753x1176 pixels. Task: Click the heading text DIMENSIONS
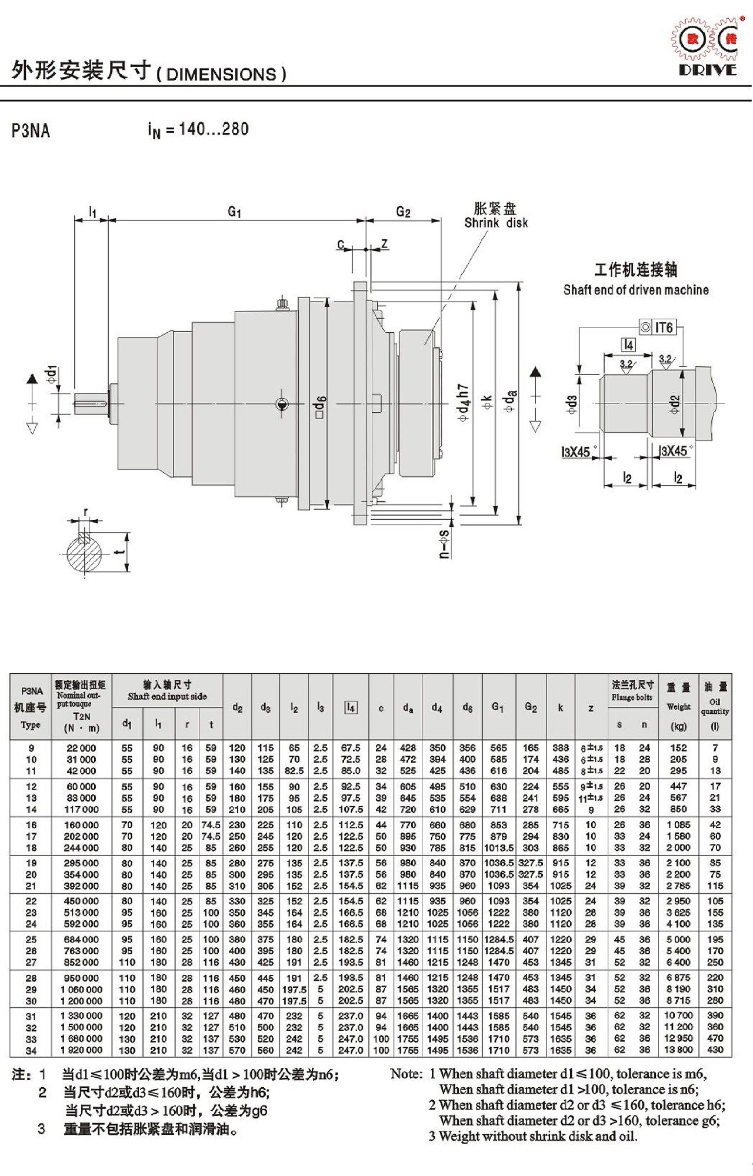(221, 75)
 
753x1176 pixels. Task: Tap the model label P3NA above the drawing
(31, 130)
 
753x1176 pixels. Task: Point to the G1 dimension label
(235, 211)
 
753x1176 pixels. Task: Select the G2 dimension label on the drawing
(403, 212)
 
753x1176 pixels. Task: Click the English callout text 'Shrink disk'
(496, 223)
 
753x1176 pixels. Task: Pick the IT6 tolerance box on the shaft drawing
(658, 327)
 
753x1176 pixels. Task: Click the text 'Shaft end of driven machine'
(636, 290)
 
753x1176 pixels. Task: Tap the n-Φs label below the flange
(445, 544)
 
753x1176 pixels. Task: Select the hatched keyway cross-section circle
(84, 553)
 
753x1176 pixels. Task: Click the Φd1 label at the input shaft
(52, 375)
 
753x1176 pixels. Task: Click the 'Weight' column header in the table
(678, 706)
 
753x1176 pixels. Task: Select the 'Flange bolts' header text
(632, 697)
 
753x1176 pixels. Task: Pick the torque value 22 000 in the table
(81, 748)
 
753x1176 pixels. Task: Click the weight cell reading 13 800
(678, 1050)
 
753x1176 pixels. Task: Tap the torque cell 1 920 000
(81, 1050)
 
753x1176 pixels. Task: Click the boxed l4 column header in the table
(351, 707)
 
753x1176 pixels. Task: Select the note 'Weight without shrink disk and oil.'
(538, 1137)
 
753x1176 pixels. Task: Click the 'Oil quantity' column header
(715, 706)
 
